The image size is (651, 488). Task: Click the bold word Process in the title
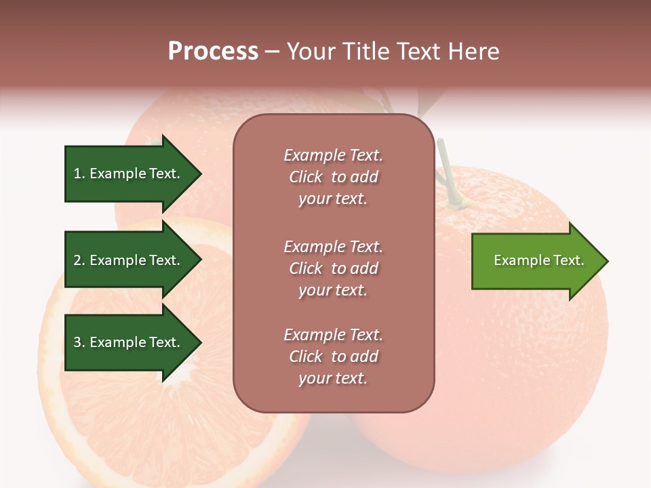213,51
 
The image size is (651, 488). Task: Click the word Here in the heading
472,51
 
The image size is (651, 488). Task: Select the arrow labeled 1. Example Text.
129,174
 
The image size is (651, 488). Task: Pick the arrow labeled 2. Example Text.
129,260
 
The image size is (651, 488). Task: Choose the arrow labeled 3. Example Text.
129,342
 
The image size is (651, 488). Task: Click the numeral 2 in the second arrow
77,260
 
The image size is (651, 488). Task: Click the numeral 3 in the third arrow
77,342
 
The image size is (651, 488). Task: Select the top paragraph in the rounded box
333,177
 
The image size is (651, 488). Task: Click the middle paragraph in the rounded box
333,268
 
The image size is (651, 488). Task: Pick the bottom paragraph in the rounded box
333,357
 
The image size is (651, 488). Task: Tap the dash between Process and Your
272,52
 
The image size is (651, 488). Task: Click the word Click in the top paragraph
306,177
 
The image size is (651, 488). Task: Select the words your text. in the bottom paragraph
333,378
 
